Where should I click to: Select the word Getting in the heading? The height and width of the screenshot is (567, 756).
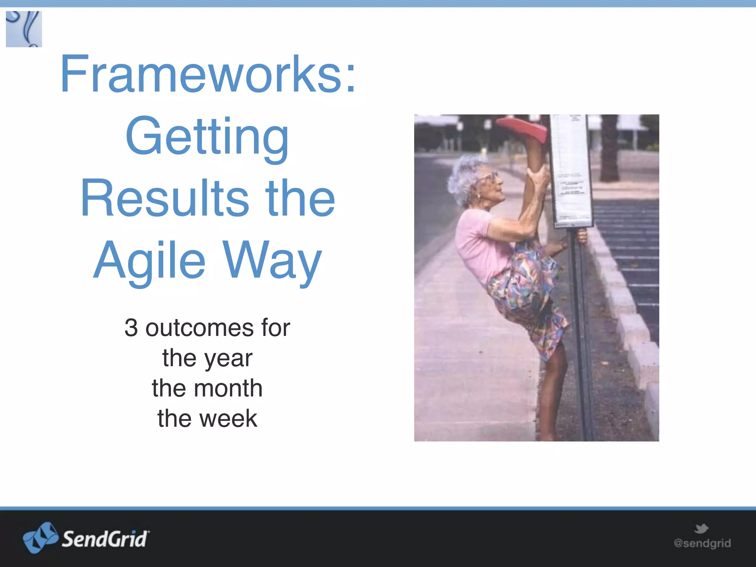[207, 137]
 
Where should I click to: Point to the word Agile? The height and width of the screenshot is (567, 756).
[149, 260]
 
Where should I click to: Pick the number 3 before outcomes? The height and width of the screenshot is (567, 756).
[131, 328]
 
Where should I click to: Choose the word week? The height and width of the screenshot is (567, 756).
[228, 419]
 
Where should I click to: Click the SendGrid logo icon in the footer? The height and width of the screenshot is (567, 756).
[40, 537]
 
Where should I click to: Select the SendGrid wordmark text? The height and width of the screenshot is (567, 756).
[105, 539]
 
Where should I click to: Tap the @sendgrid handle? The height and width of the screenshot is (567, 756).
[702, 543]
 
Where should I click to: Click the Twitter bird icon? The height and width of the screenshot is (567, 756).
[701, 529]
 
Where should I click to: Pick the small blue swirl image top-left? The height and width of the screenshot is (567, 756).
[24, 29]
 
